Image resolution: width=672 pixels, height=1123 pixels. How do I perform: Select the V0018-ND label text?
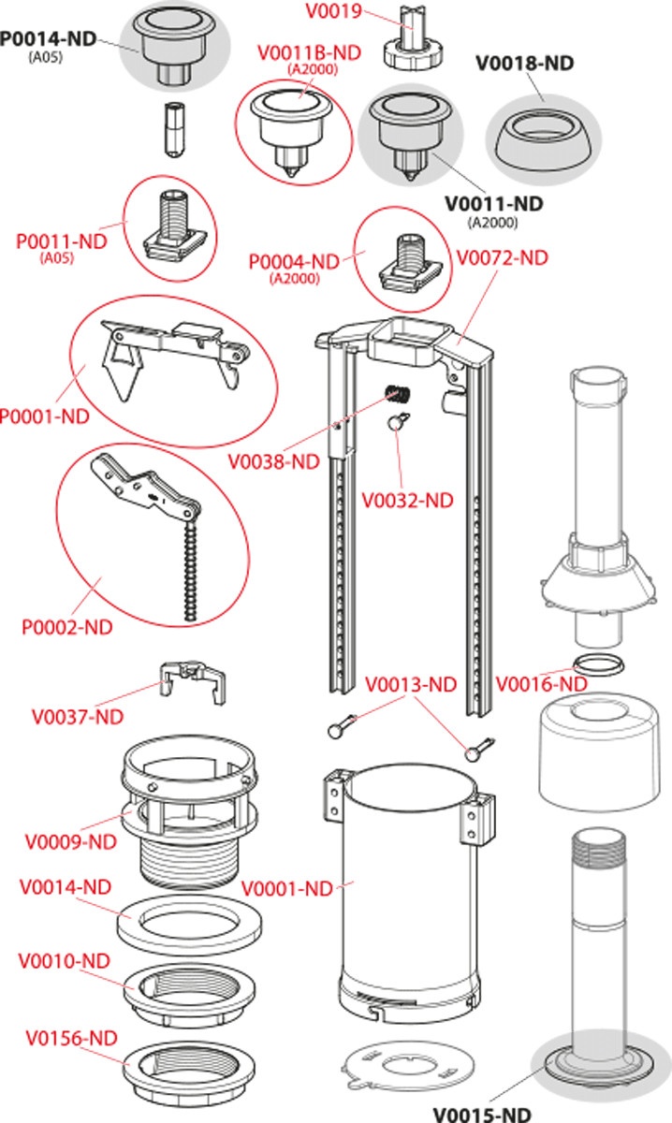[524, 64]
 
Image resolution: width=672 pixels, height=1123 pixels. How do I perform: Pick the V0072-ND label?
[501, 257]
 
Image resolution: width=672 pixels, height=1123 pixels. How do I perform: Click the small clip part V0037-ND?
[195, 680]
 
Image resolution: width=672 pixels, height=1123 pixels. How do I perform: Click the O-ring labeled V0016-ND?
[597, 665]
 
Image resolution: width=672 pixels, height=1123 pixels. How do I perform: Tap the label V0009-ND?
[70, 841]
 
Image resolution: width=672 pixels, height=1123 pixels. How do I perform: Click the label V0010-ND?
[65, 961]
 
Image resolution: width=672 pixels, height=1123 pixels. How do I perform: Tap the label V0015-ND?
[481, 1114]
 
